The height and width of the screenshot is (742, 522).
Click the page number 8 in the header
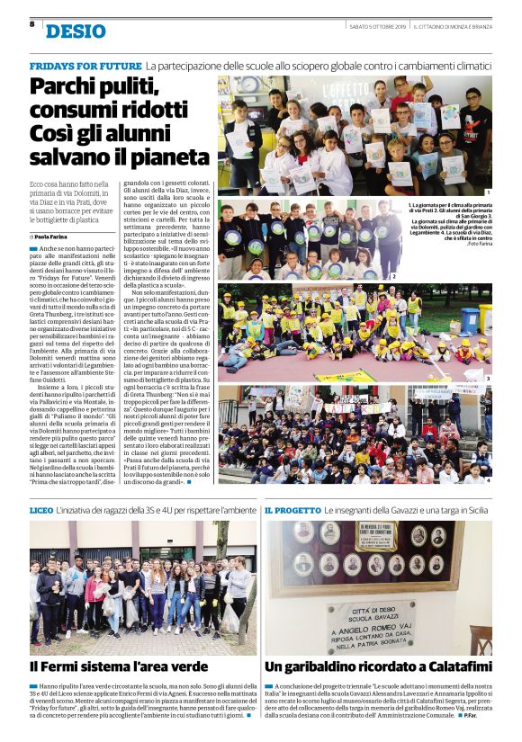click(x=31, y=24)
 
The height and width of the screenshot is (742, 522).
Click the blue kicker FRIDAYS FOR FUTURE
click(x=85, y=67)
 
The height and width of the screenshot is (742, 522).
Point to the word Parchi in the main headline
click(x=66, y=88)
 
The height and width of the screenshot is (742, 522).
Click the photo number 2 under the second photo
click(x=393, y=275)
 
